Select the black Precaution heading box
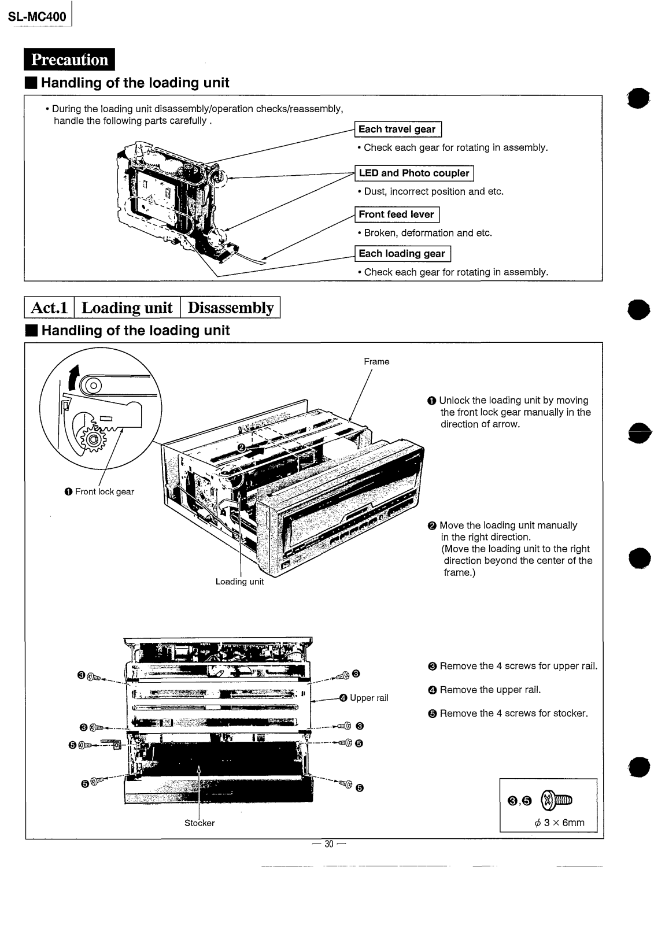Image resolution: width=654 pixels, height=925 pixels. point(69,60)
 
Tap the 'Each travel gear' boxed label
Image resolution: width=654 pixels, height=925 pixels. point(397,129)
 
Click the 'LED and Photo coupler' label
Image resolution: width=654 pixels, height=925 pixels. point(413,173)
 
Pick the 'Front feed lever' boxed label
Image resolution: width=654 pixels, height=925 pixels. point(396,214)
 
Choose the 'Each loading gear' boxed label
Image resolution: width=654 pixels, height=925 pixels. point(402,253)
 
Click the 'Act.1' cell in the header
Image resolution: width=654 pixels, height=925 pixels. point(49,307)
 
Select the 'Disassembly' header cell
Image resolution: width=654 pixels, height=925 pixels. point(230,307)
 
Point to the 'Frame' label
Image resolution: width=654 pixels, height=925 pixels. point(376,361)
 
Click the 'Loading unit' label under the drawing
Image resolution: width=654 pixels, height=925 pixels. point(239,582)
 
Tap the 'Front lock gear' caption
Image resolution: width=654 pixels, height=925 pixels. point(104,491)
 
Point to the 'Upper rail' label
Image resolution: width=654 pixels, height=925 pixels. point(368,698)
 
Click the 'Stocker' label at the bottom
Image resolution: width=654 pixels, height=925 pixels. point(199,823)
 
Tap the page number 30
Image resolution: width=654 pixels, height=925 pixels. point(329,844)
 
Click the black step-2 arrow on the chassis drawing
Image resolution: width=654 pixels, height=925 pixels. point(258,447)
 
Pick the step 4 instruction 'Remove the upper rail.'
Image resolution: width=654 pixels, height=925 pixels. point(490,690)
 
